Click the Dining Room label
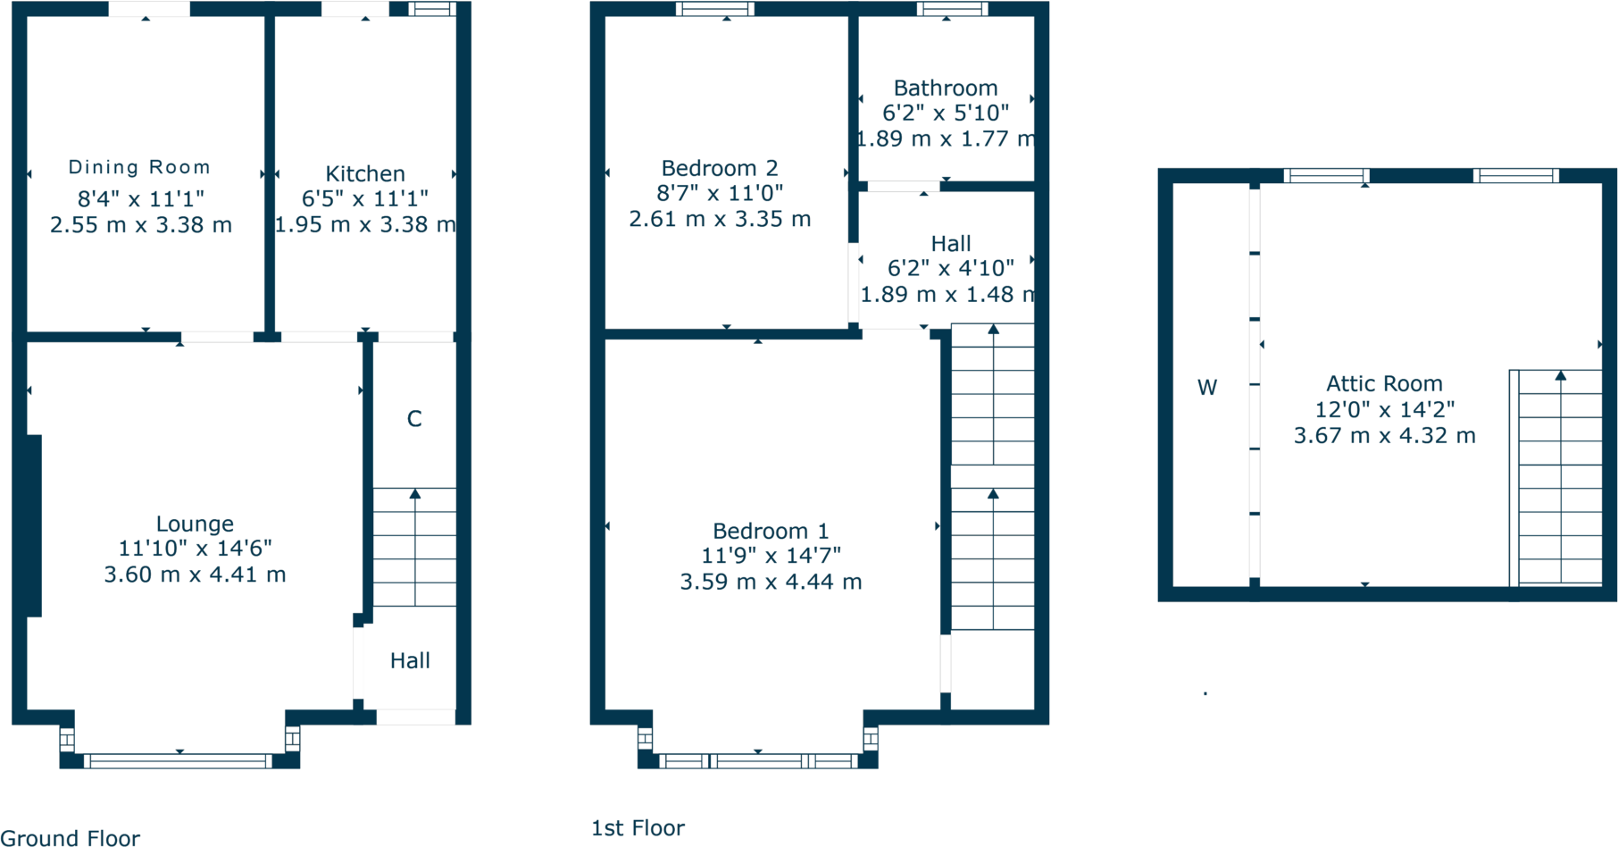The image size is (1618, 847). (x=139, y=167)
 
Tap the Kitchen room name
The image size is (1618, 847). (x=364, y=173)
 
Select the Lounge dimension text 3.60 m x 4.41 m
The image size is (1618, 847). (x=195, y=574)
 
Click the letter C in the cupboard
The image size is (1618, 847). (x=414, y=419)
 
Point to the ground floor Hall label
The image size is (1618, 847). (x=410, y=660)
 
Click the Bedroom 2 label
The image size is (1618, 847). (x=719, y=168)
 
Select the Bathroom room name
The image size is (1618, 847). (x=946, y=88)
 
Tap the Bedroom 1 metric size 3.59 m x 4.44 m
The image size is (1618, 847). (x=771, y=582)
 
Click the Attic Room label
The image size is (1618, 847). (x=1384, y=383)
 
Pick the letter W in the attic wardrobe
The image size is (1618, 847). (x=1207, y=387)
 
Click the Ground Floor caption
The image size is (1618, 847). (x=70, y=838)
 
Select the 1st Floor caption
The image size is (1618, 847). (x=638, y=828)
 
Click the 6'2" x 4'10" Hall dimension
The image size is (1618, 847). (x=950, y=268)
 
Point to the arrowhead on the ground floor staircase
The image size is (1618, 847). (x=415, y=493)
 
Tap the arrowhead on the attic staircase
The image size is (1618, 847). (x=1560, y=375)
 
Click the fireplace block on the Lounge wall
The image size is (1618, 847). (x=34, y=525)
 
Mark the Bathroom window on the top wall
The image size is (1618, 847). (x=952, y=10)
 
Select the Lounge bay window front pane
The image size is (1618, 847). (x=179, y=761)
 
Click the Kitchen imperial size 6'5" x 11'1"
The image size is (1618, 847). (x=364, y=198)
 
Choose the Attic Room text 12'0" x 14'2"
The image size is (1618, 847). (x=1384, y=409)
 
